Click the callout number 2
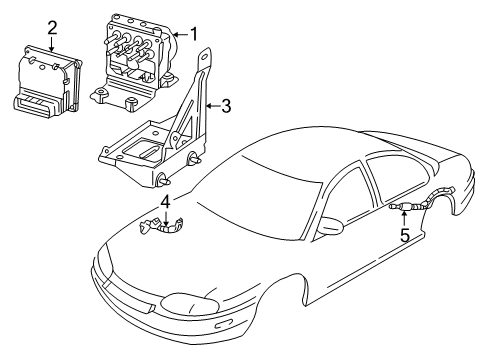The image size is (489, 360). (x=51, y=27)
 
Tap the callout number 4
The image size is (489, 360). (x=166, y=202)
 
